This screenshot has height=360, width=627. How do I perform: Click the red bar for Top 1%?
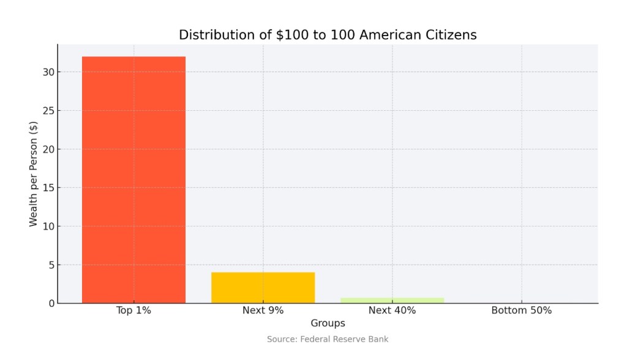click(133, 179)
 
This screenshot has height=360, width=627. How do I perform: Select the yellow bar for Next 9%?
click(263, 287)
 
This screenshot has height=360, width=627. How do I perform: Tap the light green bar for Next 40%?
click(392, 300)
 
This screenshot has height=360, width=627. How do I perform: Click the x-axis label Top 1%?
click(133, 310)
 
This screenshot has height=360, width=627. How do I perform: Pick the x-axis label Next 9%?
click(263, 310)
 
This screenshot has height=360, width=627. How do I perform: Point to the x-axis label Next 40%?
click(392, 310)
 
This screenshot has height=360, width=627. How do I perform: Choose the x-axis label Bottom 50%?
click(521, 310)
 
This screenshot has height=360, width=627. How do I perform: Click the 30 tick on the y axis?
click(48, 72)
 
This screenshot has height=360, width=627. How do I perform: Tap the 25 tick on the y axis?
click(48, 111)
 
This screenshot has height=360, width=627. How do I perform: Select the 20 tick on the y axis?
click(48, 149)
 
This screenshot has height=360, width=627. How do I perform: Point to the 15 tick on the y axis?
click(48, 188)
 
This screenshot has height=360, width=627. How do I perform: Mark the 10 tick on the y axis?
click(48, 227)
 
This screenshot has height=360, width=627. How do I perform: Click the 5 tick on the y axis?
click(51, 265)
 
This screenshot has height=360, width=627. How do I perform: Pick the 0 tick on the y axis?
click(51, 303)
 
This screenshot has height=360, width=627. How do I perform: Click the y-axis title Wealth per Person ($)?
click(34, 174)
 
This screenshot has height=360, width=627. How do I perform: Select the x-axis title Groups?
click(328, 323)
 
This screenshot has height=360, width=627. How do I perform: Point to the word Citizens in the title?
click(451, 35)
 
